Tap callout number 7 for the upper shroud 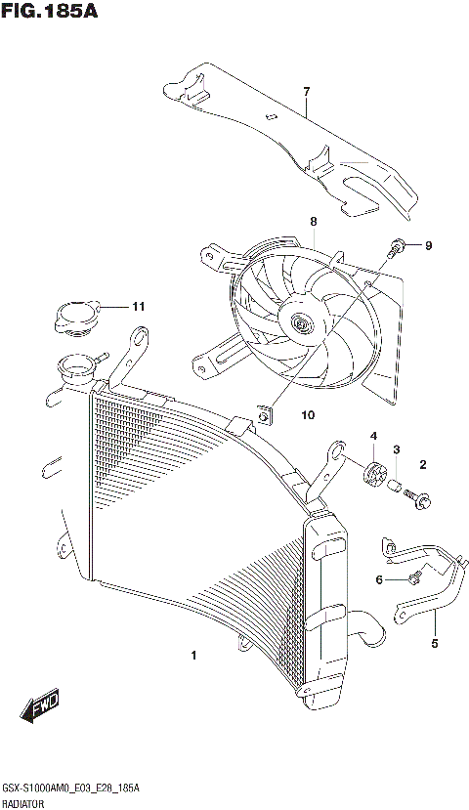[306, 92]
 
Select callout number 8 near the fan [314, 221]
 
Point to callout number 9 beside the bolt [427, 245]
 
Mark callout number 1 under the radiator [193, 655]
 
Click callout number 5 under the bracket [435, 644]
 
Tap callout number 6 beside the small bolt [379, 579]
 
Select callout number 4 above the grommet [372, 435]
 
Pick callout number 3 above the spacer [397, 449]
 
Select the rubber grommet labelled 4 [372, 475]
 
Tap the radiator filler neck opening [76, 368]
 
